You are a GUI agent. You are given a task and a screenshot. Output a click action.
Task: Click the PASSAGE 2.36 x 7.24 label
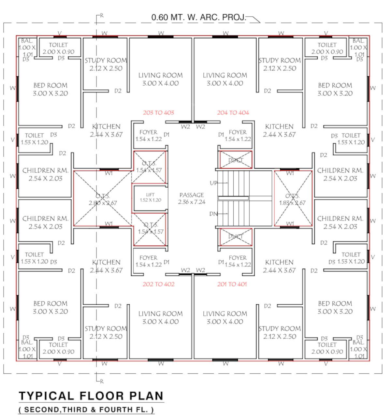pyautogui.click(x=192, y=198)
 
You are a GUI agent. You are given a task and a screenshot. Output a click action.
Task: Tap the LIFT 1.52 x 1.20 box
pyautogui.click(x=150, y=198)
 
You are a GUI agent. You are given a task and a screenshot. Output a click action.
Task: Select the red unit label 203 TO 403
pyautogui.click(x=158, y=113)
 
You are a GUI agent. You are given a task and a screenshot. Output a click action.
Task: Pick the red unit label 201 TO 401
pyautogui.click(x=232, y=284)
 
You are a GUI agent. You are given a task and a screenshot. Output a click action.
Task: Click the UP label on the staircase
pyautogui.click(x=213, y=183)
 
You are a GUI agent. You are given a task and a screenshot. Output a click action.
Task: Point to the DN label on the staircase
pyautogui.click(x=213, y=214)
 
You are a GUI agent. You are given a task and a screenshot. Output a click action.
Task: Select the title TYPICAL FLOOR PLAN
pyautogui.click(x=91, y=396)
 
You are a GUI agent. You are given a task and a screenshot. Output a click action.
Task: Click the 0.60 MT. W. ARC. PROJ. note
pyautogui.click(x=199, y=17)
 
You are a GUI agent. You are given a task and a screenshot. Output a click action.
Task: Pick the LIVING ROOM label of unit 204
pyautogui.click(x=225, y=79)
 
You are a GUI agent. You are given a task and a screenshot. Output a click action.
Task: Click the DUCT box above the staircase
pyautogui.click(x=236, y=160)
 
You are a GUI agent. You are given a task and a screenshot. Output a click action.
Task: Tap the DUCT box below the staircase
pyautogui.click(x=236, y=237)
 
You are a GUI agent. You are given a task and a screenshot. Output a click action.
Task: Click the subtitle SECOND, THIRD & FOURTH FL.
pyautogui.click(x=86, y=410)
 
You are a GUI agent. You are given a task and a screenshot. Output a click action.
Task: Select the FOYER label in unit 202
pyautogui.click(x=149, y=261)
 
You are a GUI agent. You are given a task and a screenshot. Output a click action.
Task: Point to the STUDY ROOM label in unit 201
pyautogui.click(x=279, y=332)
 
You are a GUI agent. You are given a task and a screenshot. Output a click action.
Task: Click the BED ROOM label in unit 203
pyautogui.click(x=51, y=89)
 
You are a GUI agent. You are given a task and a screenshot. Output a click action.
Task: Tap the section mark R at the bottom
pyautogui.click(x=102, y=381)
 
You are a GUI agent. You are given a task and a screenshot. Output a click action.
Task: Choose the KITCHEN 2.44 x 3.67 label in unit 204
pyautogui.click(x=279, y=130)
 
